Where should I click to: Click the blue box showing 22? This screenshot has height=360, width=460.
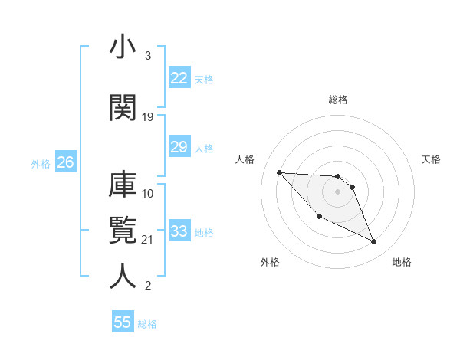179,77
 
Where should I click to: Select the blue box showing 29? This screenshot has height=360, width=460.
179,147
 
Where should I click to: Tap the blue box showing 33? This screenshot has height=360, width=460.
179,231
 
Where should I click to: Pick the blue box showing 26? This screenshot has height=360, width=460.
65,162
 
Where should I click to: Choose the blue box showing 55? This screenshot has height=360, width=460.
123,322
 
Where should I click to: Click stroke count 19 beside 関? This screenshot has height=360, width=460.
148,117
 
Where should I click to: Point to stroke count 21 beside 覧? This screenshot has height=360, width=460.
148,240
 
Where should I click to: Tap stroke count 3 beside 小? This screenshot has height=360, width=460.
147,56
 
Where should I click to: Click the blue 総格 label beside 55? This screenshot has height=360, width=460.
147,324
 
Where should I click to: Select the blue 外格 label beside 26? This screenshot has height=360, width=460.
41,163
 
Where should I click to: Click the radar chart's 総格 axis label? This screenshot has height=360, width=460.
338,100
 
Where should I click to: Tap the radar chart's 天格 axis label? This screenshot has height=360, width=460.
432,159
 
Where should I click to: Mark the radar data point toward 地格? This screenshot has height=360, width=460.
374,242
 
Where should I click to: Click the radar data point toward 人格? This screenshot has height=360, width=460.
279,172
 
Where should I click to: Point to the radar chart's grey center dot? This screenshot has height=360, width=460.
337,191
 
